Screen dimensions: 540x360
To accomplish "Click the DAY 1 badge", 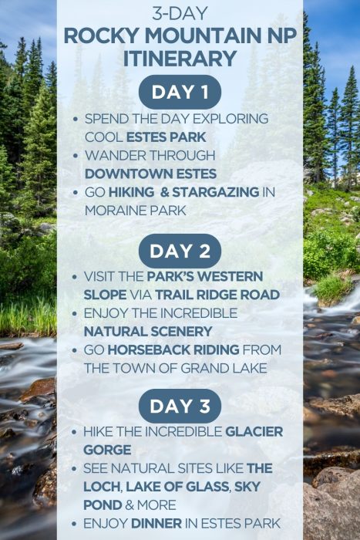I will pos(180,93).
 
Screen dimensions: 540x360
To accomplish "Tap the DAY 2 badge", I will pos(180,251).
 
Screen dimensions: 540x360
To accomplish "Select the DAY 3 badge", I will pos(180,407).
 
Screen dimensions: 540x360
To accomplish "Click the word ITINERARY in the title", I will pos(180,58).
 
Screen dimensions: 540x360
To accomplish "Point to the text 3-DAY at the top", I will pos(180,13).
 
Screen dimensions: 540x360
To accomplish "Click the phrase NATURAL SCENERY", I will pos(148,331).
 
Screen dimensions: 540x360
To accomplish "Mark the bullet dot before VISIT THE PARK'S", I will pos(73,276).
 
